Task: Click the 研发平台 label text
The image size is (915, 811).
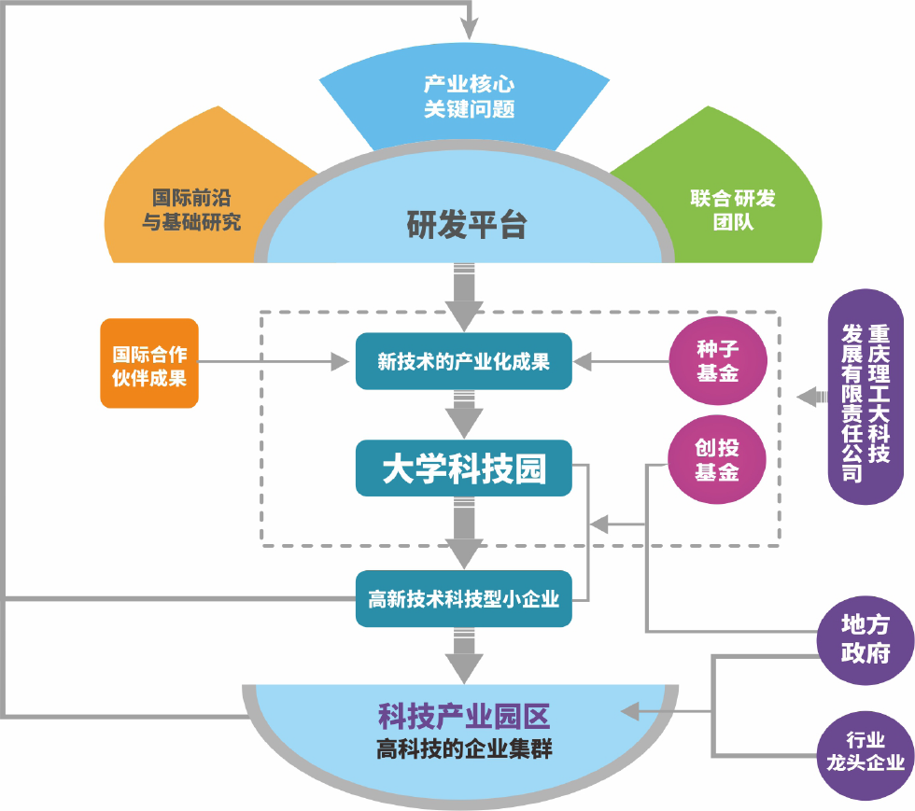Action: [467, 225]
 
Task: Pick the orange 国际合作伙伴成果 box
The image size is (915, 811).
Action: [149, 364]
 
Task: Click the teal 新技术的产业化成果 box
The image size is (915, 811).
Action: [463, 361]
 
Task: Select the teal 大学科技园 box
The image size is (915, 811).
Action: [463, 468]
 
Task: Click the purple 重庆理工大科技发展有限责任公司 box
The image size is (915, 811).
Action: [866, 398]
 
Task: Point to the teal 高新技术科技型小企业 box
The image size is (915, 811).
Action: [463, 598]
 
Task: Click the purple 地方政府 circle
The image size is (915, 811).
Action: [865, 639]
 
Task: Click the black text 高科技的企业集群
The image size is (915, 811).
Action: [463, 748]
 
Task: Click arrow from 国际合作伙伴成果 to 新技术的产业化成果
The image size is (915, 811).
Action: [271, 361]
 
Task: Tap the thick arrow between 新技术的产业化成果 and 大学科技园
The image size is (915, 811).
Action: [463, 412]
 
